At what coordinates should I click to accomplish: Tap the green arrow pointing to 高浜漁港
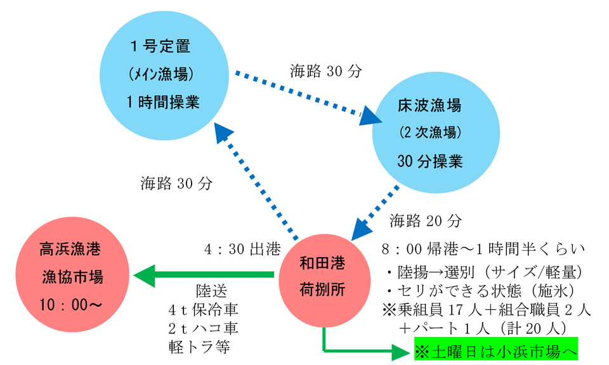click(x=203, y=275)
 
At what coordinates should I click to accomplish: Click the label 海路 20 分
click(x=426, y=221)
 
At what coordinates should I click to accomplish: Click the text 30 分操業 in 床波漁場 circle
click(x=429, y=161)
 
